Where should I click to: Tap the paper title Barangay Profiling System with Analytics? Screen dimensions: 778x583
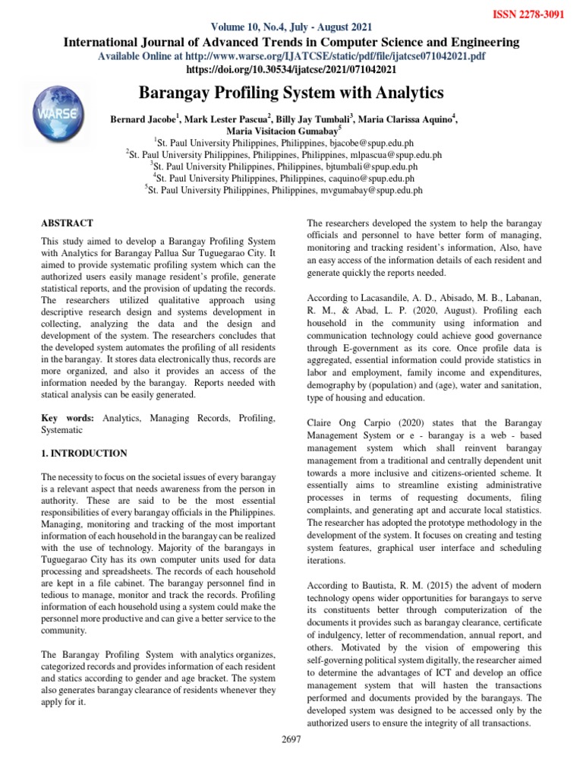click(x=291, y=93)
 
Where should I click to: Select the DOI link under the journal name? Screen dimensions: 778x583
click(x=291, y=70)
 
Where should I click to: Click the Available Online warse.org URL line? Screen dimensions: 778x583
click(x=291, y=57)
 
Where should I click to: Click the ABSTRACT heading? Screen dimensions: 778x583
click(x=67, y=223)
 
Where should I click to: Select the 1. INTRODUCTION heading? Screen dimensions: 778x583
click(x=84, y=454)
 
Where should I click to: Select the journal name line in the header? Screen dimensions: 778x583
click(x=291, y=43)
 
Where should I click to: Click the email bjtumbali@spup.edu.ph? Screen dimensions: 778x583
click(x=375, y=166)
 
